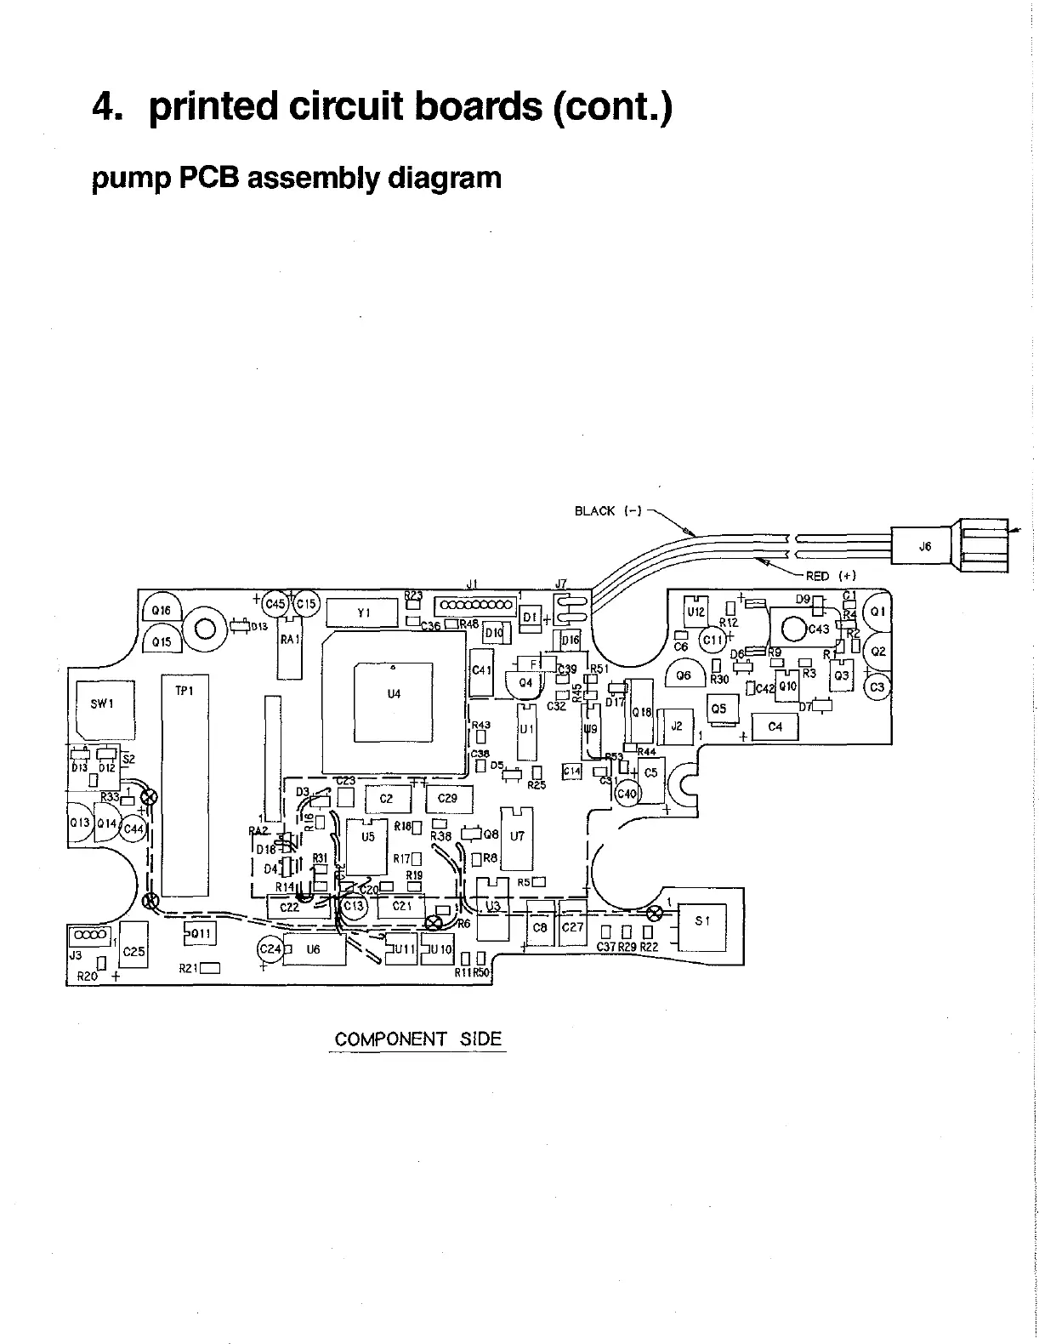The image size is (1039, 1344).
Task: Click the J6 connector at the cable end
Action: [925, 548]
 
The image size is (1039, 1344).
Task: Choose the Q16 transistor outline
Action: [160, 611]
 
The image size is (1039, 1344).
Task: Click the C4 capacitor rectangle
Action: [775, 727]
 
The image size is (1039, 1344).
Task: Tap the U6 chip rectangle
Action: [314, 950]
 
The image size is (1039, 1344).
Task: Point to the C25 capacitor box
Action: [134, 945]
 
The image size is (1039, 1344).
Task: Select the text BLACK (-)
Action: [607, 511]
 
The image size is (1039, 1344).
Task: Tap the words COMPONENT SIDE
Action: [417, 1039]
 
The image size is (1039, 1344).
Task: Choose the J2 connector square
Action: [678, 726]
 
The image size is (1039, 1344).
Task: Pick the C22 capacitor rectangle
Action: [290, 908]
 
